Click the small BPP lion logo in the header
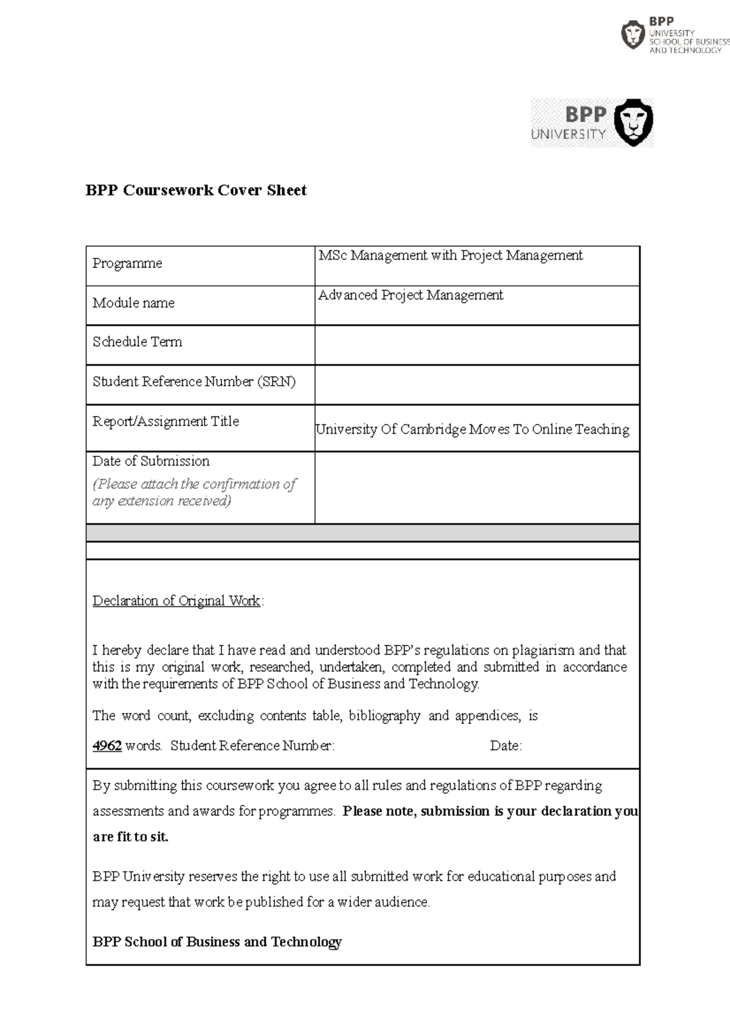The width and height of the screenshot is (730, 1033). click(633, 35)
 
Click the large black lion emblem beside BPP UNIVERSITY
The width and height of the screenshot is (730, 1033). click(633, 122)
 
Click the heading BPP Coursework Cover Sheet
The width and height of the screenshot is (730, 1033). click(196, 190)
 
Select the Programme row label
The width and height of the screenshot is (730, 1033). click(127, 263)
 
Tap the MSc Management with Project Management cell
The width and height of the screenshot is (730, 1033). click(450, 256)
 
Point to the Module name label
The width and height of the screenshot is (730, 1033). click(133, 303)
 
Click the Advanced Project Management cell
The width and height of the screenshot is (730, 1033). click(411, 295)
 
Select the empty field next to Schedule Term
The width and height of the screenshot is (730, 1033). click(476, 345)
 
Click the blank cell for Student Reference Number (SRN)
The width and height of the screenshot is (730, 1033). click(476, 384)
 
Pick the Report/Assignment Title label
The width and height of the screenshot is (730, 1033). click(165, 421)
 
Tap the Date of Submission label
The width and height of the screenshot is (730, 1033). click(151, 461)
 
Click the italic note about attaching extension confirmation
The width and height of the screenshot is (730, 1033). click(193, 492)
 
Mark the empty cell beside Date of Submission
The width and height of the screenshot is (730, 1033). click(476, 487)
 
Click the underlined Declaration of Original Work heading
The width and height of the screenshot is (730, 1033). click(176, 601)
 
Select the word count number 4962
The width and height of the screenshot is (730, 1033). click(107, 746)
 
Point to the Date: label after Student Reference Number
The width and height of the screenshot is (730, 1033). click(506, 746)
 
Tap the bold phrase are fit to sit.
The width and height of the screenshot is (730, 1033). click(130, 837)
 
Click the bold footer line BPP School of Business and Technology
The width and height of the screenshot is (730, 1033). click(217, 942)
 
